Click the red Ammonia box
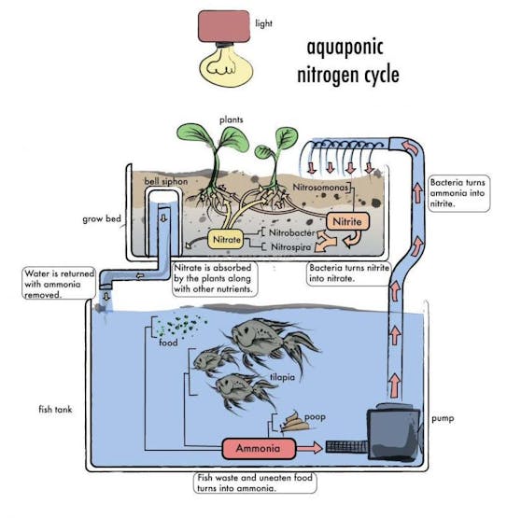259,448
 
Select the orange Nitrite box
347,221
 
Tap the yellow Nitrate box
226,239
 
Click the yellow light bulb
226,65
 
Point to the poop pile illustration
295,421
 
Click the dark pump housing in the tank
394,432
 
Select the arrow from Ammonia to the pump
309,448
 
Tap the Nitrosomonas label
320,188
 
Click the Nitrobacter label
292,232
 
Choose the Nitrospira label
290,246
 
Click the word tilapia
282,377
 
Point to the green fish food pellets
181,326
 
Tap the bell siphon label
166,181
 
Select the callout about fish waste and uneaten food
255,483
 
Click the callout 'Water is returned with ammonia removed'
59,284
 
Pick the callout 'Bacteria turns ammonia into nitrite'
459,193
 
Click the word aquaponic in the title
345,48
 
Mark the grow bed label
102,218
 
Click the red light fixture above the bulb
224,26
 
